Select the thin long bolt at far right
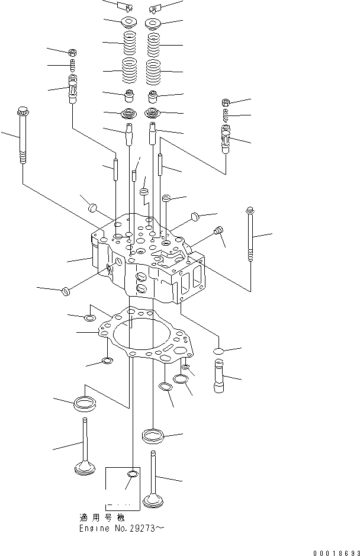pos(250,237)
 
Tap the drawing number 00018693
pos(333,551)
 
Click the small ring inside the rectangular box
pos(133,474)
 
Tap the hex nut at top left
pos(72,53)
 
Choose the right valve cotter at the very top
pos(156,7)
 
